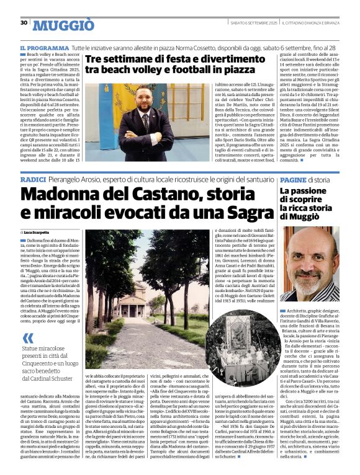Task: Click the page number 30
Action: (24, 23)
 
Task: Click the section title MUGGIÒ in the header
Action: (63, 25)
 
